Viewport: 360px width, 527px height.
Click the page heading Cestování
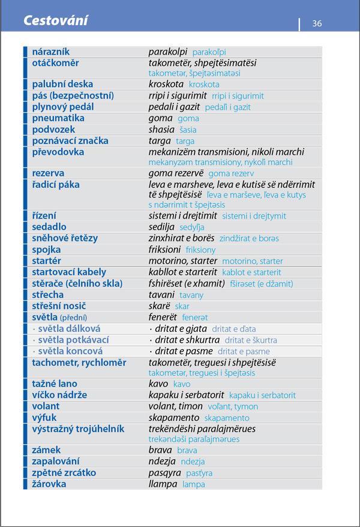(x=55, y=21)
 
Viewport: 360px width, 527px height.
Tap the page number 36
(x=317, y=23)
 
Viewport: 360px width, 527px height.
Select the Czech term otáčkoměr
(x=55, y=63)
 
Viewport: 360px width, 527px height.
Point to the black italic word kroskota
(x=166, y=85)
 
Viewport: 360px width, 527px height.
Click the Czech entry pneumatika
(x=58, y=118)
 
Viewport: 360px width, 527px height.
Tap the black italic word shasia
(x=161, y=130)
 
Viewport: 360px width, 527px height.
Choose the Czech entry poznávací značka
(x=70, y=141)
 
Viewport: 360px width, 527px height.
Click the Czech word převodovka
(x=58, y=152)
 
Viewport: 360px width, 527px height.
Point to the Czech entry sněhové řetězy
(x=65, y=238)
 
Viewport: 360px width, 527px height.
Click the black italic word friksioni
(x=164, y=250)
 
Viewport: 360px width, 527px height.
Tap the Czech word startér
(x=46, y=261)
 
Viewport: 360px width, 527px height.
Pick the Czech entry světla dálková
(x=69, y=329)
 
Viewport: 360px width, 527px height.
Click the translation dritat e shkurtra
(x=187, y=340)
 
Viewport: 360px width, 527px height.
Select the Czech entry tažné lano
(x=55, y=384)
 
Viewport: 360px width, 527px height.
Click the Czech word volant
(x=46, y=406)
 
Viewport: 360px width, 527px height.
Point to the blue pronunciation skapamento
(x=227, y=418)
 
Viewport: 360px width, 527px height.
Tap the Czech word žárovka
(x=49, y=484)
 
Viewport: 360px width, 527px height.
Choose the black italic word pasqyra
(x=163, y=473)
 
